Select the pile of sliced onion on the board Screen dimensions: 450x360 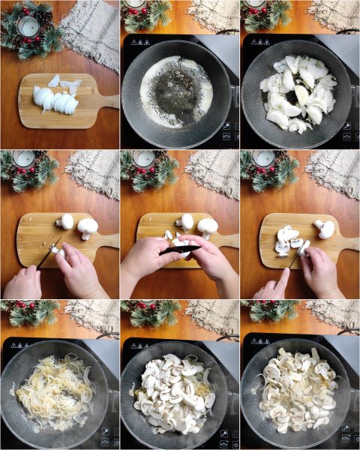pyautogui.click(x=55, y=100)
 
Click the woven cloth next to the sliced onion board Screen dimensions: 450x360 pyautogui.click(x=90, y=30)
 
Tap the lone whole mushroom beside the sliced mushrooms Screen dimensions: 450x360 pyautogui.click(x=324, y=228)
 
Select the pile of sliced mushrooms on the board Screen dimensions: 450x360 pyautogui.click(x=288, y=241)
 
